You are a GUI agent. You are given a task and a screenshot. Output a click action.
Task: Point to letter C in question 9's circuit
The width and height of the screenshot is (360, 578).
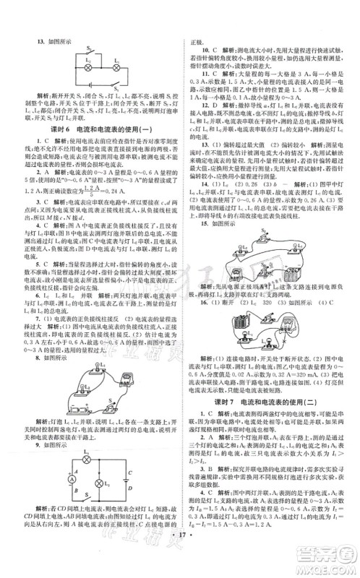[71, 473]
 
